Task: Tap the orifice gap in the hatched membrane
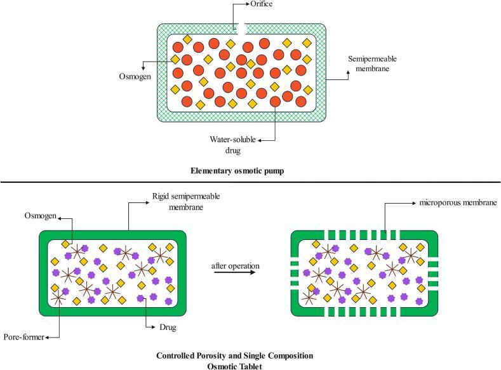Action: click(x=242, y=28)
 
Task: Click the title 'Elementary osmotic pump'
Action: click(x=250, y=171)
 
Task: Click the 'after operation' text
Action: click(x=234, y=265)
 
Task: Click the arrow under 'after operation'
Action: click(x=234, y=272)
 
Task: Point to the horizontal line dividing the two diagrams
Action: click(x=250, y=183)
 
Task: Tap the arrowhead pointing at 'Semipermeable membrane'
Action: click(x=347, y=72)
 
